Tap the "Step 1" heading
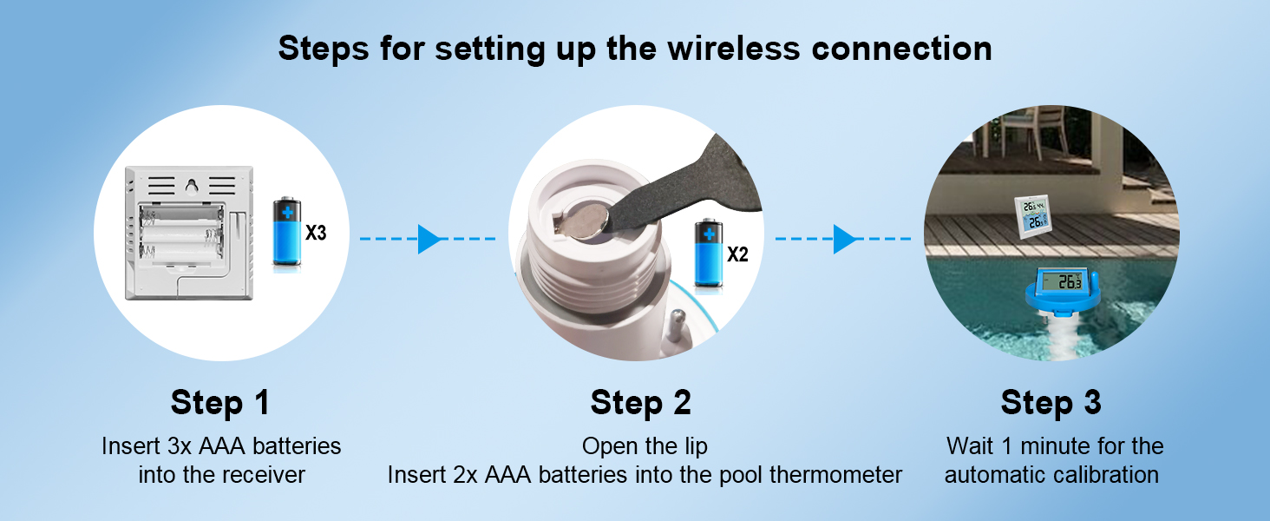(220, 403)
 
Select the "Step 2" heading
(641, 403)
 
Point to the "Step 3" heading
(1051, 403)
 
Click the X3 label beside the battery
(316, 233)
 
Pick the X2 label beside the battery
(737, 254)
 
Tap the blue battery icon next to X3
(286, 231)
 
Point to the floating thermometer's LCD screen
(1061, 280)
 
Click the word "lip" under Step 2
(695, 446)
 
